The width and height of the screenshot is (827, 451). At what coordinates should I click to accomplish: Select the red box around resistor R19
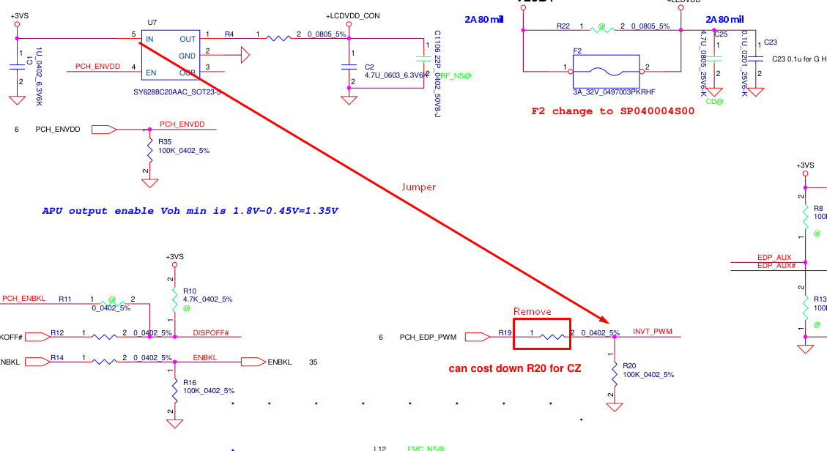[541, 334]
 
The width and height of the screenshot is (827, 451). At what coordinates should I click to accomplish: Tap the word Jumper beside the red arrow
[418, 187]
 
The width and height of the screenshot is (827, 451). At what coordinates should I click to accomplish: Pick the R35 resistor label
[164, 142]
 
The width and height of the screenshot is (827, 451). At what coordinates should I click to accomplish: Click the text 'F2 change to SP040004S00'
[612, 111]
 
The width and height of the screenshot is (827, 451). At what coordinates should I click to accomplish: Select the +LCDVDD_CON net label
[353, 16]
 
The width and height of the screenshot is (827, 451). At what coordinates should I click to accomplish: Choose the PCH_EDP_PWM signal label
[428, 338]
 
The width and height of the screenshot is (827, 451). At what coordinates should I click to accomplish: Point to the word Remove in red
[532, 311]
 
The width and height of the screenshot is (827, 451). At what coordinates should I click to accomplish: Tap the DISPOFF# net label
[211, 333]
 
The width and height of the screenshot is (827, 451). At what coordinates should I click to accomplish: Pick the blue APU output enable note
[190, 211]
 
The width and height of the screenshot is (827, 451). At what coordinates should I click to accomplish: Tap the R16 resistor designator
[190, 382]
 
